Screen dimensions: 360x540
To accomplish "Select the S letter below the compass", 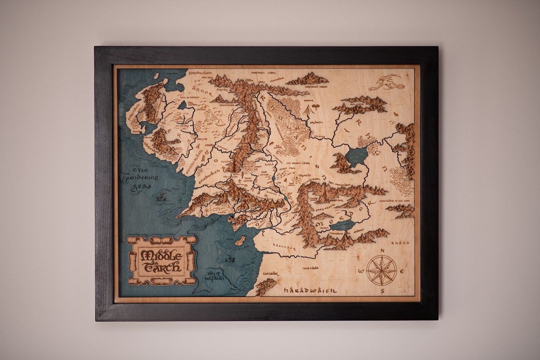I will [x=383, y=291].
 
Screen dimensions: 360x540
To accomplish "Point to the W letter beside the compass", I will [x=361, y=271].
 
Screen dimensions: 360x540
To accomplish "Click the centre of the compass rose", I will [x=382, y=271].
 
